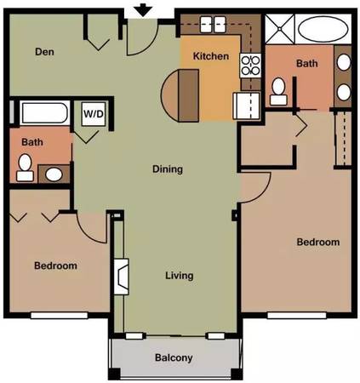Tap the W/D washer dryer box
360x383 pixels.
click(94, 114)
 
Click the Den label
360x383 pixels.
click(44, 52)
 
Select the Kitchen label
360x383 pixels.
click(211, 56)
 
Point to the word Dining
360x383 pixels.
click(168, 169)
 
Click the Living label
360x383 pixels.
click(180, 276)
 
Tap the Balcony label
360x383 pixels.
click(174, 357)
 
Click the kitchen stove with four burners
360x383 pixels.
click(250, 66)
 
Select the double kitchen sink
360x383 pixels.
click(213, 24)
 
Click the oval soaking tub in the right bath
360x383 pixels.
click(323, 29)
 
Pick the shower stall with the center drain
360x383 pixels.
click(280, 29)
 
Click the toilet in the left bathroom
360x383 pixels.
click(25, 168)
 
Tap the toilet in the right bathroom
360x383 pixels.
click(278, 91)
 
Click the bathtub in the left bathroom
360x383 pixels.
click(45, 113)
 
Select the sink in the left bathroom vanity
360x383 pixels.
click(54, 174)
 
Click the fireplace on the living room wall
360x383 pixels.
click(121, 277)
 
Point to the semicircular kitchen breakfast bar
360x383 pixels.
click(180, 95)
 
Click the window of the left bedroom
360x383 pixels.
click(60, 316)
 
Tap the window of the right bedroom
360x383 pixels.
click(297, 316)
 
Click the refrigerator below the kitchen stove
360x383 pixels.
click(246, 106)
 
